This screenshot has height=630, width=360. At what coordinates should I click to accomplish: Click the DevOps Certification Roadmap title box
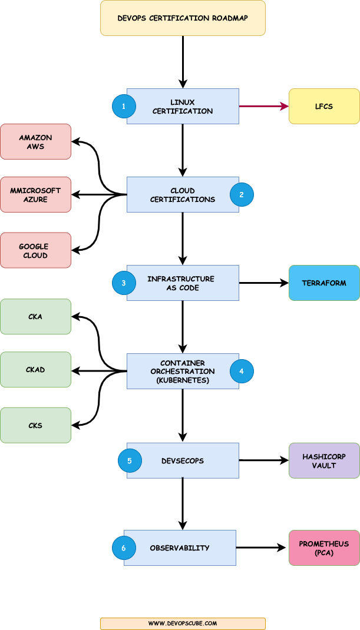coord(183,18)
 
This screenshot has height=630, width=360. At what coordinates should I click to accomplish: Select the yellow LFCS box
coord(324,106)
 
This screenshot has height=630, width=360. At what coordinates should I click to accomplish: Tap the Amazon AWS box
coord(35,141)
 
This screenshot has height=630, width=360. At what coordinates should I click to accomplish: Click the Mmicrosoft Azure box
coord(35,194)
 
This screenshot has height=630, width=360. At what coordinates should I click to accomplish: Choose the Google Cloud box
coord(35,250)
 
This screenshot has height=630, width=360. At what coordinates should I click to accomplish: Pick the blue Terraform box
coord(324,283)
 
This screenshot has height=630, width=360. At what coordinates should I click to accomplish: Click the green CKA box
coord(35,317)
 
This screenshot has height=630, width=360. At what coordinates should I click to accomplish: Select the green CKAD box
coord(35,370)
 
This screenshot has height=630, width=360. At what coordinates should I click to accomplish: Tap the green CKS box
coord(35,425)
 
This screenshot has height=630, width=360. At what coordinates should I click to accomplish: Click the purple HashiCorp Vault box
coord(324,460)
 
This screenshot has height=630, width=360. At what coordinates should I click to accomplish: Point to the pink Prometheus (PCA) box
coord(324,548)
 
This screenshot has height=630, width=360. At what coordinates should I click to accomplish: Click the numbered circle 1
coord(124,107)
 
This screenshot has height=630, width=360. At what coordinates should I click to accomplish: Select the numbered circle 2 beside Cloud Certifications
coord(242,194)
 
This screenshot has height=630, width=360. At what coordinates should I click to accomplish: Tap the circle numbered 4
coord(242,371)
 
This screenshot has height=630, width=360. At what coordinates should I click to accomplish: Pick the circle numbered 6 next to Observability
coord(124,548)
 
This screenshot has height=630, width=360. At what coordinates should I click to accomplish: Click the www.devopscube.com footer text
coord(183,623)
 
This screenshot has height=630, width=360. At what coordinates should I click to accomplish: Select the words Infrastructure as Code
coord(181,283)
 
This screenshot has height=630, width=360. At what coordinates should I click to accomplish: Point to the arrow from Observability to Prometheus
coord(262,548)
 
